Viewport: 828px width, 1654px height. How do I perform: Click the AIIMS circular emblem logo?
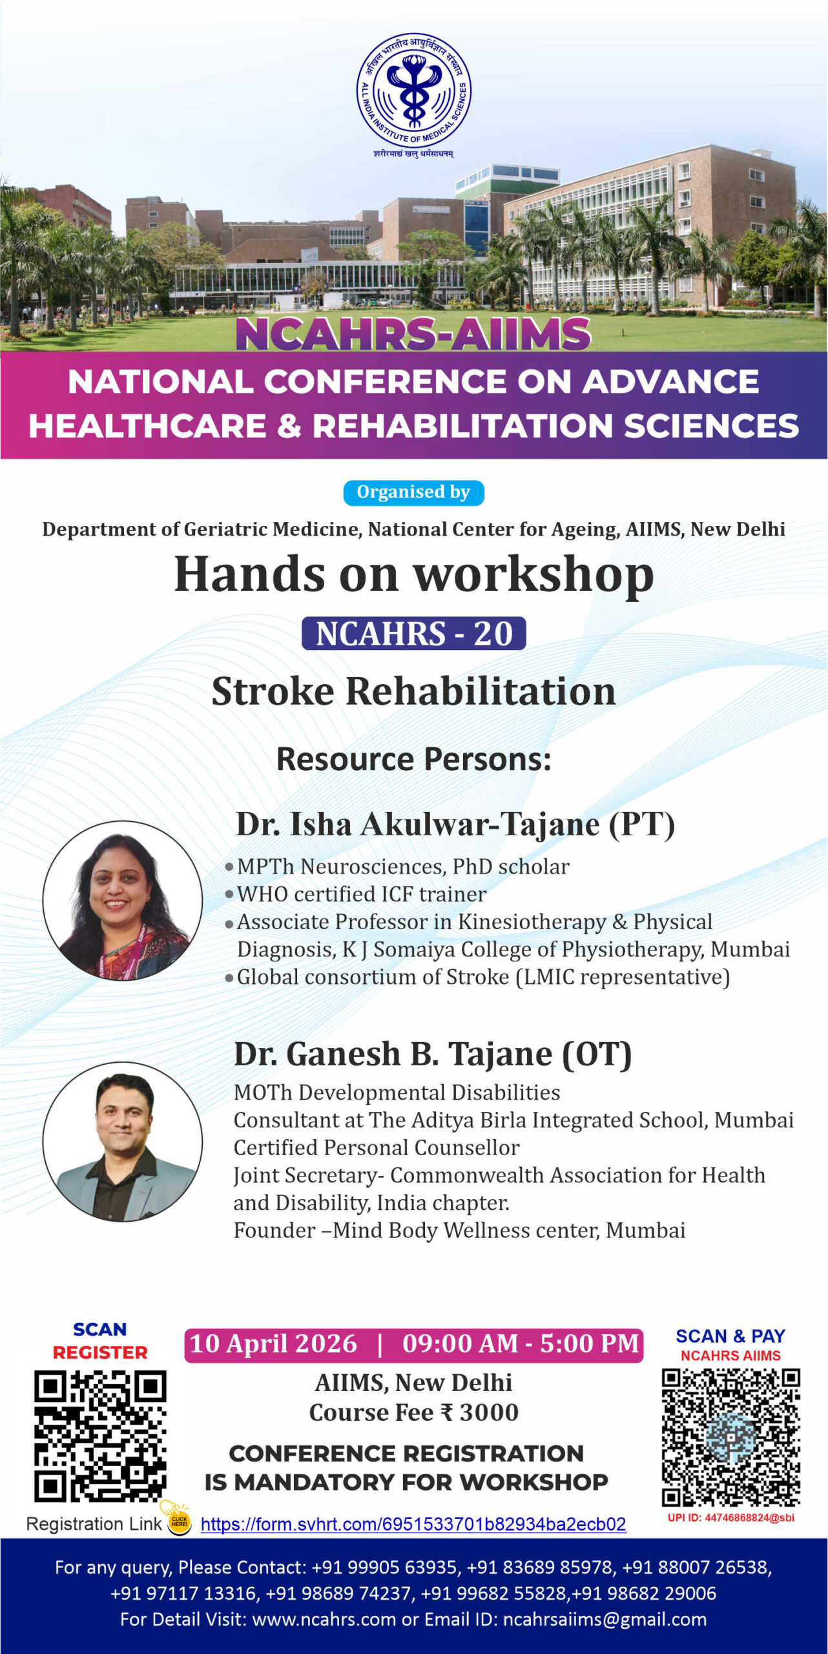414,90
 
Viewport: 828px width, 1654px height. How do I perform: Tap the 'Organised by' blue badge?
413,492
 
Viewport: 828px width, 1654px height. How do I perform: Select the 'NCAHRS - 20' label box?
414,633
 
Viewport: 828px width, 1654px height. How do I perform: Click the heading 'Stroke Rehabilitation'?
414,691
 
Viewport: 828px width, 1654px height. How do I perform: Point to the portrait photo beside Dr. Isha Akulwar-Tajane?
123,901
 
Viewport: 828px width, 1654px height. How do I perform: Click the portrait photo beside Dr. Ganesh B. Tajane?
123,1142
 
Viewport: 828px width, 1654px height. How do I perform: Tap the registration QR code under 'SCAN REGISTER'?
100,1436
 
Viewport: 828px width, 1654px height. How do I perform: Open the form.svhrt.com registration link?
413,1524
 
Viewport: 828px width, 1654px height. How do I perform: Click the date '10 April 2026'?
273,1344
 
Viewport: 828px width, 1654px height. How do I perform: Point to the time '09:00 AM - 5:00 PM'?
521,1344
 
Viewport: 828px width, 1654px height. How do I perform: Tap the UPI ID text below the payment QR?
731,1518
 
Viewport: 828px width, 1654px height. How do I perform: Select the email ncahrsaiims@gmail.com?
605,1619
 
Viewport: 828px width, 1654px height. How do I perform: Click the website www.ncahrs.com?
324,1619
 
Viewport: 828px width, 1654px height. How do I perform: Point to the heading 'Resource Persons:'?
414,759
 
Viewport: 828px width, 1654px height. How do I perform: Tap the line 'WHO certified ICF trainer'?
362,894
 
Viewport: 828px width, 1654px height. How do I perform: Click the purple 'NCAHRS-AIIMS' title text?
413,334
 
